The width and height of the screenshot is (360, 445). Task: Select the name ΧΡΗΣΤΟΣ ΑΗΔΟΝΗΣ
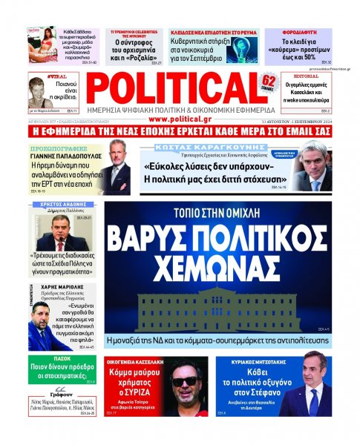[x=51, y=202]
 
